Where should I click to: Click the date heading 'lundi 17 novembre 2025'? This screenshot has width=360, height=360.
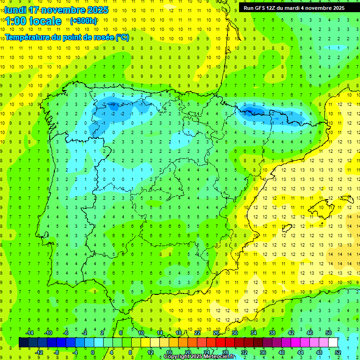pos(56,10)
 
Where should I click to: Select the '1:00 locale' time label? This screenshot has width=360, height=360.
pos(34,21)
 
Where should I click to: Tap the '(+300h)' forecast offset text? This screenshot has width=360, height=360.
pos(83,21)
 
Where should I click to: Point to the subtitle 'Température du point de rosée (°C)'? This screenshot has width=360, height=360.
pos(67,37)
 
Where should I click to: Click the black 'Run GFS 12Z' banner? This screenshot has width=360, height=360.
pos(294,8)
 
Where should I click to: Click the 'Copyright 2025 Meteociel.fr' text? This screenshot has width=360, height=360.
pos(199,357)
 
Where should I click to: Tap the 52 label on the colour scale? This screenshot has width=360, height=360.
pos(338,352)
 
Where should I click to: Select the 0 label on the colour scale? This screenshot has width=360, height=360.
pos(93,352)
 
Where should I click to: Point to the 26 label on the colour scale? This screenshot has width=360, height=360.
pos(216,333)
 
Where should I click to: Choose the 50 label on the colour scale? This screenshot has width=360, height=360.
pos(329,333)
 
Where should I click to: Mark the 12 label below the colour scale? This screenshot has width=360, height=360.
pos(150,352)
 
